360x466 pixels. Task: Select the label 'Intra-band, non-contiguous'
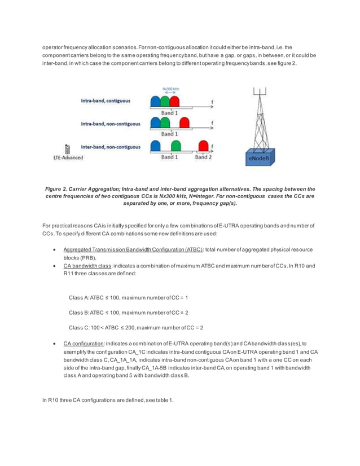(x=111, y=124)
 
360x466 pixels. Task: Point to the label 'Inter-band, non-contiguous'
(x=111, y=147)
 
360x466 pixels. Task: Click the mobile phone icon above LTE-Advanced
(x=68, y=149)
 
